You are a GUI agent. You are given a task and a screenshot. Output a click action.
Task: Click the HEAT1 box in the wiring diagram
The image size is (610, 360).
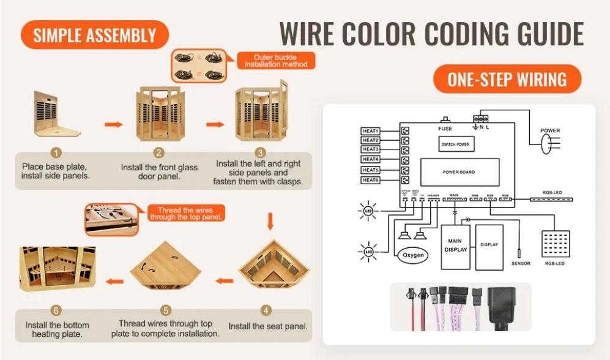[371, 131]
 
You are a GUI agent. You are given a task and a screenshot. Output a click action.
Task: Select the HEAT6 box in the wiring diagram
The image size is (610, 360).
[371, 180]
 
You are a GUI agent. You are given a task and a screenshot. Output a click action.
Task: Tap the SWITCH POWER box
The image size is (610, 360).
[456, 144]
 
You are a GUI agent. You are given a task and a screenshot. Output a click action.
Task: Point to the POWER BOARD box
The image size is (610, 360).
[458, 172]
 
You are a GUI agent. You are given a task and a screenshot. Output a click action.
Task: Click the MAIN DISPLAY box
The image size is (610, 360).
[455, 246]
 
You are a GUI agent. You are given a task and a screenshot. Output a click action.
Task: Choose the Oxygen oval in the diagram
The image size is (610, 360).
[413, 255]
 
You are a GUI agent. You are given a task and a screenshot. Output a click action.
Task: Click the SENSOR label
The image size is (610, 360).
[521, 263]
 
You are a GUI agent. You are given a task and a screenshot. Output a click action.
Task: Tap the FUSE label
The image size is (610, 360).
[445, 129]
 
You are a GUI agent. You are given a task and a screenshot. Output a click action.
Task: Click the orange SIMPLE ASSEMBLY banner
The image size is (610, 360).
[94, 35]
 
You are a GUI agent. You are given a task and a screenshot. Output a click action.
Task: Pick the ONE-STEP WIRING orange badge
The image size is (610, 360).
[507, 79]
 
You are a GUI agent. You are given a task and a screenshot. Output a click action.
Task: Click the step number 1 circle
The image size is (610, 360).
[56, 153]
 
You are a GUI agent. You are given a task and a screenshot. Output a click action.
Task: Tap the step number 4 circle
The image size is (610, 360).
[265, 310]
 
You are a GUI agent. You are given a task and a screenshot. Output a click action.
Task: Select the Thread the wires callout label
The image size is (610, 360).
[185, 214]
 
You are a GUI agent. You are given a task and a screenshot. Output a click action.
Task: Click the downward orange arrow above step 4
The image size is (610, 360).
[270, 220]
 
